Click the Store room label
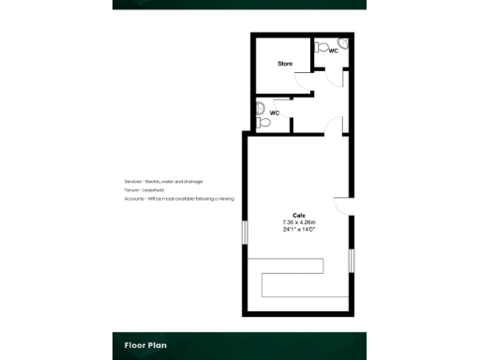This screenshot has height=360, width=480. (x=285, y=64)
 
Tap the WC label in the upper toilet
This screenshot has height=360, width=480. (x=333, y=52)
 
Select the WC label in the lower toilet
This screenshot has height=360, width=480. (x=275, y=112)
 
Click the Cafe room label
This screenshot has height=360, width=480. (x=299, y=216)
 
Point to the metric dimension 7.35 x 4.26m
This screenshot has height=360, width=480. (x=299, y=222)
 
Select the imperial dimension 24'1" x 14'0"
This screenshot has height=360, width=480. (x=299, y=229)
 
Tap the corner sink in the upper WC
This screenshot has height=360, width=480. (x=343, y=43)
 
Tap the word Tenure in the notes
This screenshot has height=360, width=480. (x=130, y=190)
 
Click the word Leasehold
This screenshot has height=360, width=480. (x=152, y=190)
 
